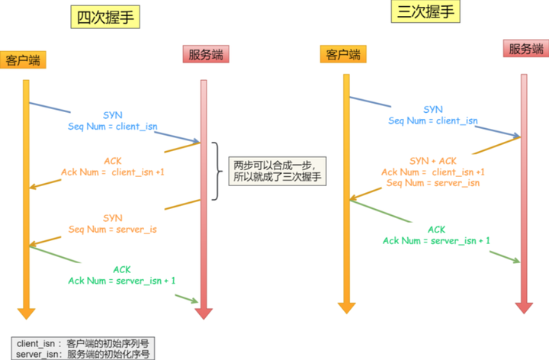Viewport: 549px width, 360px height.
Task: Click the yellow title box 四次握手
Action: point(105,17)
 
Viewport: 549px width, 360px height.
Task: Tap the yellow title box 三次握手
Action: point(425,11)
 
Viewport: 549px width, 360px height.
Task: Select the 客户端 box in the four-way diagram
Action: point(23,60)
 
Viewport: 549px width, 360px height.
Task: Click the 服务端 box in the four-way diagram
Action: point(206,54)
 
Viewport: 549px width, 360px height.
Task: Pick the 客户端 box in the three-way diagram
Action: point(343,54)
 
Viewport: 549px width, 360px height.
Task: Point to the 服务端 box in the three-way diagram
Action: point(526,48)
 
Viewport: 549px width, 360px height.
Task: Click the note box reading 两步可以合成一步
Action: point(278,172)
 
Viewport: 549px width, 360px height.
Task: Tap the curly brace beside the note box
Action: point(217,172)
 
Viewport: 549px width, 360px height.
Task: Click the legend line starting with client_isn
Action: point(82,343)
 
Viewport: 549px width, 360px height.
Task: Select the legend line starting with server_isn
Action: point(82,354)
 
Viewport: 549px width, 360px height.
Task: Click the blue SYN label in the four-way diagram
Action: point(113,115)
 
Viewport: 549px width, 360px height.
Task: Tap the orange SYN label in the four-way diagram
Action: point(113,218)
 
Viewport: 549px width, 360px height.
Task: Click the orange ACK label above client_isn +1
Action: point(113,161)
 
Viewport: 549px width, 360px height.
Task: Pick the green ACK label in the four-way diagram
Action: point(122,270)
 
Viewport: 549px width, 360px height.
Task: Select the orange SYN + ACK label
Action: point(433,161)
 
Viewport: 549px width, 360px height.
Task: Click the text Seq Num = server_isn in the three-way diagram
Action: point(433,183)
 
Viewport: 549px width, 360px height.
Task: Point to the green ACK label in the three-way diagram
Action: point(437,230)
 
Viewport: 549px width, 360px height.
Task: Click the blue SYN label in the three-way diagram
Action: point(433,110)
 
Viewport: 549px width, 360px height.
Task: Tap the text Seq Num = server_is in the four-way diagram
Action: point(113,230)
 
